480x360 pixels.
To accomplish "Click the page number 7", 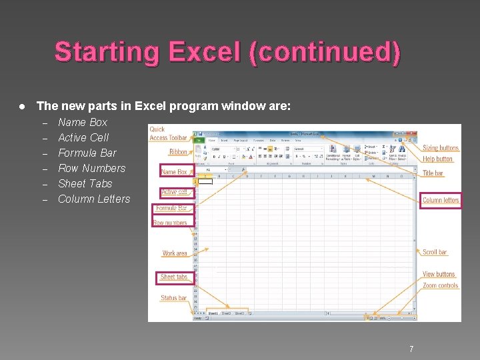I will tap(411, 349).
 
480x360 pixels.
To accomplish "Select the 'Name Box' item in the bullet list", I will tap(83, 122).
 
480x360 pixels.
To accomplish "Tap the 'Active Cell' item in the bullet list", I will tap(83, 137).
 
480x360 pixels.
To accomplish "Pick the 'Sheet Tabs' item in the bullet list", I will tap(85, 183).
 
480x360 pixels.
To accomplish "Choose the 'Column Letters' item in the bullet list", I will tap(94, 199).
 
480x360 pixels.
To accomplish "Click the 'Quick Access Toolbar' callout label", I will tap(168, 133).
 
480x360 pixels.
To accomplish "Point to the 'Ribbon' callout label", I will tap(178, 151).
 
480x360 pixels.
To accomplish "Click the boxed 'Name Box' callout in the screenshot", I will tap(174, 171).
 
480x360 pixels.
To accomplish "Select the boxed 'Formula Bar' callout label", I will tap(171, 208).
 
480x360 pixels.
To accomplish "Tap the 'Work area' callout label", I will tap(175, 253).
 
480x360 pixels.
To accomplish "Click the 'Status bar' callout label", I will tap(173, 298).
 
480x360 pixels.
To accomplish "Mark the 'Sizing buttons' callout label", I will tap(441, 148).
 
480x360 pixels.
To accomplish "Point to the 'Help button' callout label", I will tap(438, 159).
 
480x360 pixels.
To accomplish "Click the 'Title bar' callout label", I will tap(433, 173).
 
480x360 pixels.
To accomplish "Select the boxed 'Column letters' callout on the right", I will tap(441, 200).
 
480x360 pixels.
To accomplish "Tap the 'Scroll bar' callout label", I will tap(435, 252).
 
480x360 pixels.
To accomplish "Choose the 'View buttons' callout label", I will tap(439, 274).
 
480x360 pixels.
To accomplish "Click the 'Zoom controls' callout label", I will tap(440, 285).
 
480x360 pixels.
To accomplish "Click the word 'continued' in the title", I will tap(325, 52).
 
